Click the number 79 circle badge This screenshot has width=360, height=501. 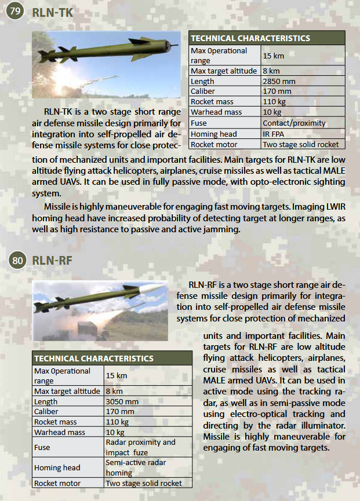click(14, 11)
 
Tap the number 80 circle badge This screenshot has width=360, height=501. click(18, 260)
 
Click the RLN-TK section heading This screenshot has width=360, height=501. click(53, 12)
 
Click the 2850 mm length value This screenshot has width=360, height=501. click(279, 81)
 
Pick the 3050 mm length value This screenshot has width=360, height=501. click(122, 401)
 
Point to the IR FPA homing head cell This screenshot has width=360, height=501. click(273, 134)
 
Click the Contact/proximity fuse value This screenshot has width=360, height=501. click(294, 123)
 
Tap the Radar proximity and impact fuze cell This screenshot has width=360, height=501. click(140, 447)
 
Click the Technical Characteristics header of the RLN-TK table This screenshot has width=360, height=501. click(250, 38)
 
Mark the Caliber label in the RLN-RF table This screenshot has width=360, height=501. click(46, 412)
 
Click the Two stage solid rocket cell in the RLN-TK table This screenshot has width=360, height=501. click(300, 144)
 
